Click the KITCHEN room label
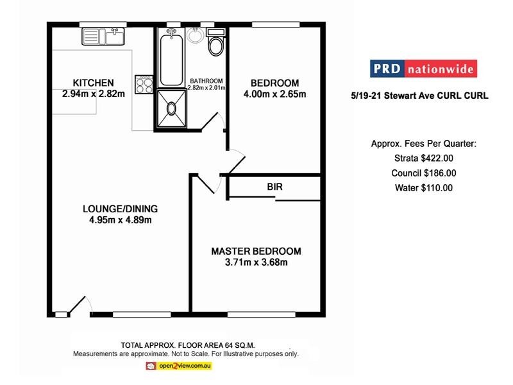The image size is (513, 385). click(93, 83)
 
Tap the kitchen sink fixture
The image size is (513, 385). click(104, 36)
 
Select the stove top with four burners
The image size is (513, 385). click(144, 84)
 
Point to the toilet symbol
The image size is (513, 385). click(216, 44)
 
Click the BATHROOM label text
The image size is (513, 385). click(206, 80)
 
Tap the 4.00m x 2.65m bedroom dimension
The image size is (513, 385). click(274, 94)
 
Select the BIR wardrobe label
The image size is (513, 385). click(275, 187)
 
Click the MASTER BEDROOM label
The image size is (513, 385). click(256, 251)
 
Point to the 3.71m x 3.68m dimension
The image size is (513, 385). click(256, 262)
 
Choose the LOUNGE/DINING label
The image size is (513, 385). click(120, 209)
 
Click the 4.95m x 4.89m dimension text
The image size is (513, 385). click(120, 220)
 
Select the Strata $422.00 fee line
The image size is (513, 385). click(425, 158)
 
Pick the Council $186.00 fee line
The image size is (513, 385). click(425, 173)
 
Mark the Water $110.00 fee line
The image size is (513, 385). click(425, 188)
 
